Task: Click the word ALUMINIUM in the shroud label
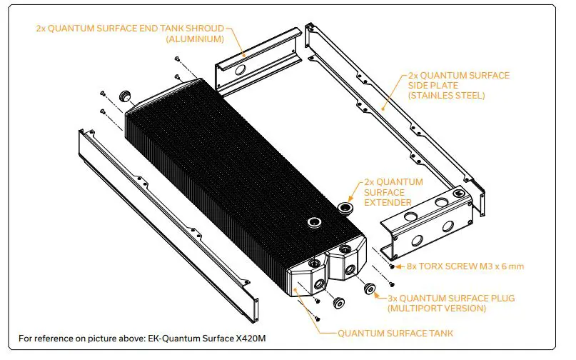(x=195, y=39)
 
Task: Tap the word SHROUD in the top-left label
(x=201, y=29)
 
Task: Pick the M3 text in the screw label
(x=492, y=266)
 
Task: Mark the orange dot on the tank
(x=313, y=302)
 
